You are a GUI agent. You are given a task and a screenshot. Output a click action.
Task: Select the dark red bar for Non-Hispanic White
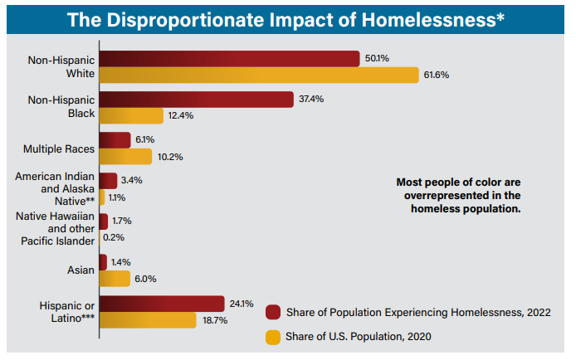229,59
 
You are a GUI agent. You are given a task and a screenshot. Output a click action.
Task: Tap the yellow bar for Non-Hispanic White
258,75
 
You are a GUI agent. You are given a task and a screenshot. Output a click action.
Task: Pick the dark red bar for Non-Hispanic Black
196,100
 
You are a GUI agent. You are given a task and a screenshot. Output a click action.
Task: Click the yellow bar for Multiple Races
125,156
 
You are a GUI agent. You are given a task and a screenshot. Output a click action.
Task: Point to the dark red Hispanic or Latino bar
162,304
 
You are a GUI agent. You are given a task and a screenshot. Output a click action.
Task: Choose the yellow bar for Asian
115,278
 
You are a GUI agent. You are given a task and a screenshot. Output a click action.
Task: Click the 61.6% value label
437,75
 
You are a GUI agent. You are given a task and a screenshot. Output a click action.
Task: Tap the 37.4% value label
310,100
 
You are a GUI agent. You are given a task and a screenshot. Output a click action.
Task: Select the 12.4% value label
180,115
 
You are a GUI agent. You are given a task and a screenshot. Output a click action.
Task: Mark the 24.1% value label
242,304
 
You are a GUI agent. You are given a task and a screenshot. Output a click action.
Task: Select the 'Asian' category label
81,270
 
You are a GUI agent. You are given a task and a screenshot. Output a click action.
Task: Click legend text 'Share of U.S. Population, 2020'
359,336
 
